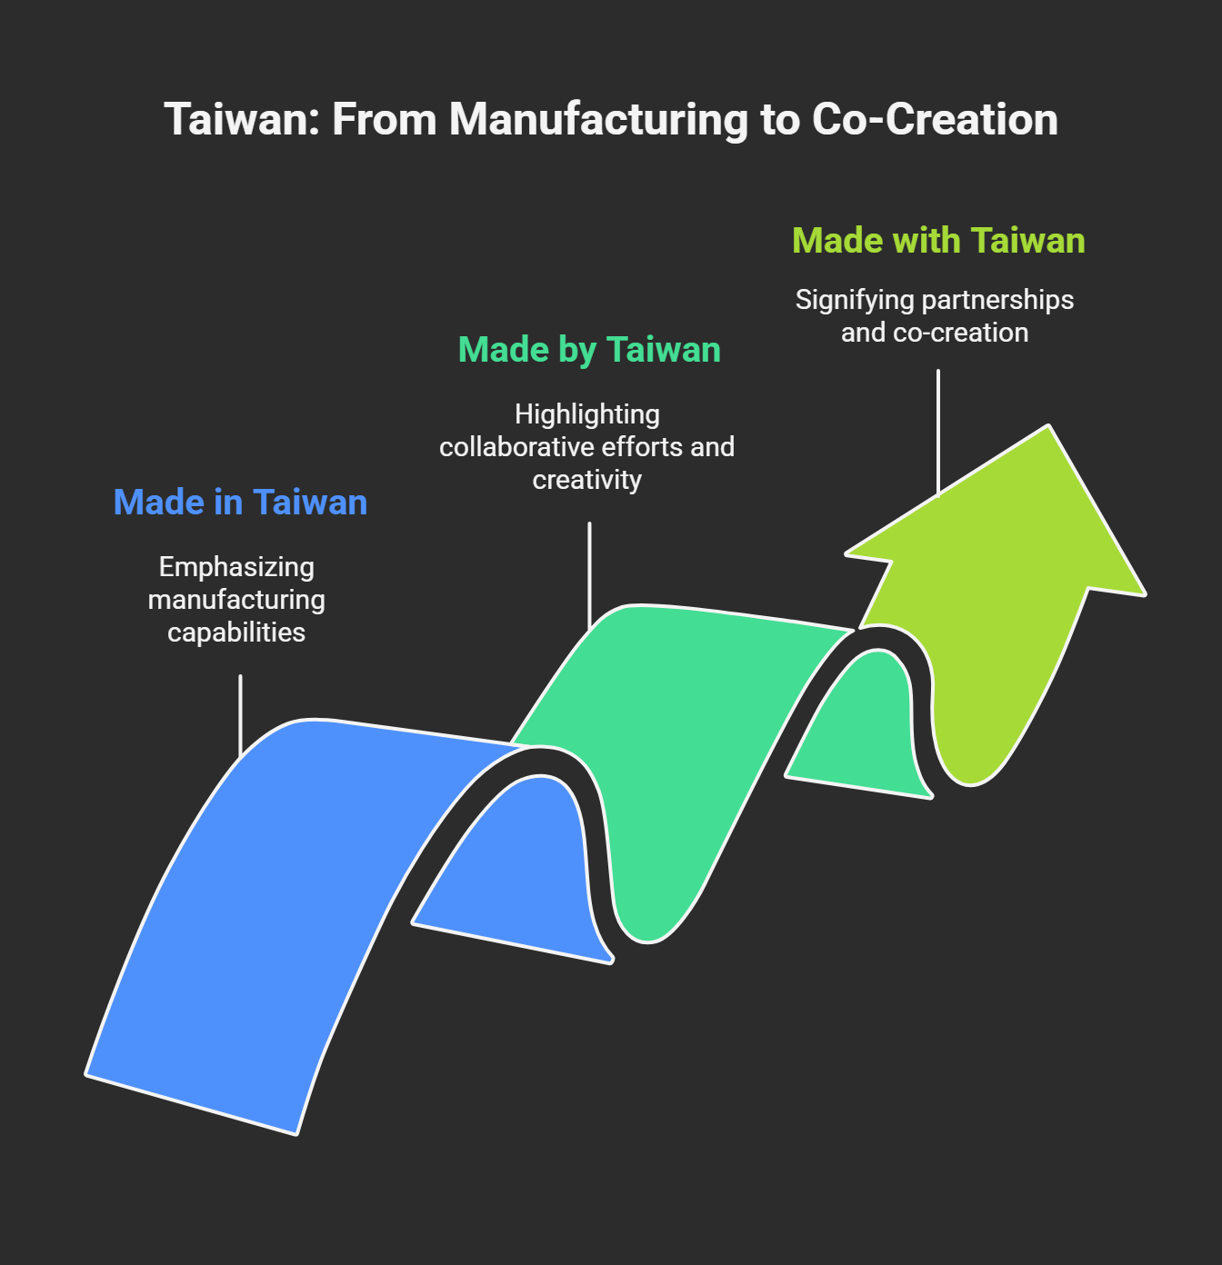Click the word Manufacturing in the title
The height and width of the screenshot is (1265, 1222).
(x=598, y=120)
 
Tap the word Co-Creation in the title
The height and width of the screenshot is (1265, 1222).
(x=935, y=120)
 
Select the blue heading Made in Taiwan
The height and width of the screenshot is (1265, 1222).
(x=240, y=503)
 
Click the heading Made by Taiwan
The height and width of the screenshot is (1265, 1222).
(x=589, y=350)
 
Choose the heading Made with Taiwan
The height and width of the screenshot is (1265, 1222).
(x=938, y=241)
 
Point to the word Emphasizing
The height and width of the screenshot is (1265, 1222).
(x=236, y=567)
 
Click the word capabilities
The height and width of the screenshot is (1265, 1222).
(x=236, y=632)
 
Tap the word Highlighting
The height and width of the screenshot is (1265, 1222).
(x=587, y=414)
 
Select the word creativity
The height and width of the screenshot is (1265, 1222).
(x=587, y=480)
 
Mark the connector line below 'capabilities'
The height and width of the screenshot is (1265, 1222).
(x=240, y=713)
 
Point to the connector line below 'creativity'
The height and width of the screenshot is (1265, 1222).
(x=589, y=573)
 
